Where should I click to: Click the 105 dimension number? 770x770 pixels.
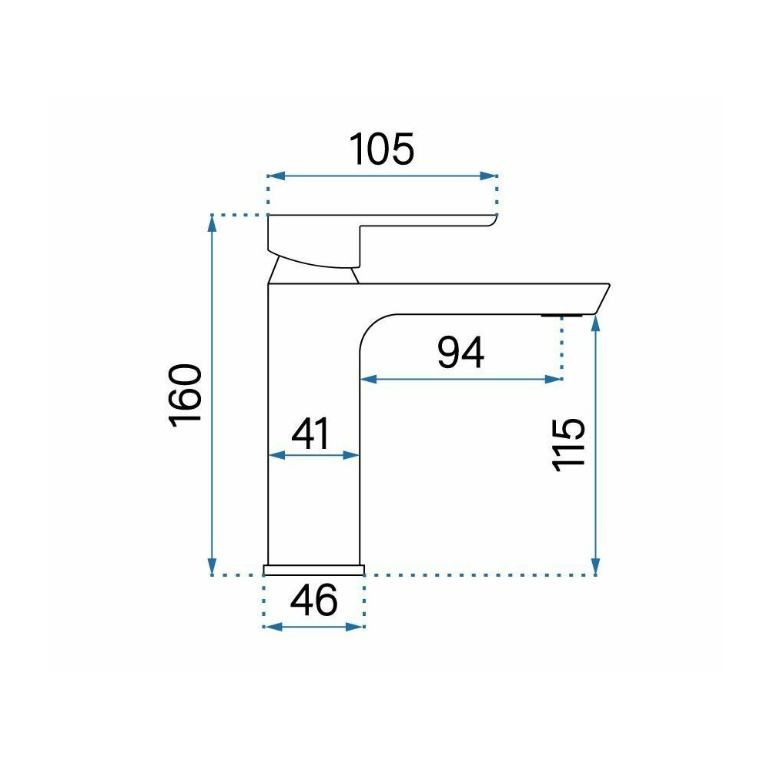[382, 149]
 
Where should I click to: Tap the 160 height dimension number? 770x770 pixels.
[185, 395]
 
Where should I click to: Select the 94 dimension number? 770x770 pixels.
[460, 353]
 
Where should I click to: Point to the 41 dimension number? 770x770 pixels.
[310, 434]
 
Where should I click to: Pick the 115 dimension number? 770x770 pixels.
[568, 445]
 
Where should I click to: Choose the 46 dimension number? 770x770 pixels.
[314, 600]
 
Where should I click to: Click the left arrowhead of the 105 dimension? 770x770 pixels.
[276, 176]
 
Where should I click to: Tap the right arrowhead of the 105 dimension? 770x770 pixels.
[489, 176]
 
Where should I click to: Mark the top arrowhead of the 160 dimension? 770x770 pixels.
[212, 224]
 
